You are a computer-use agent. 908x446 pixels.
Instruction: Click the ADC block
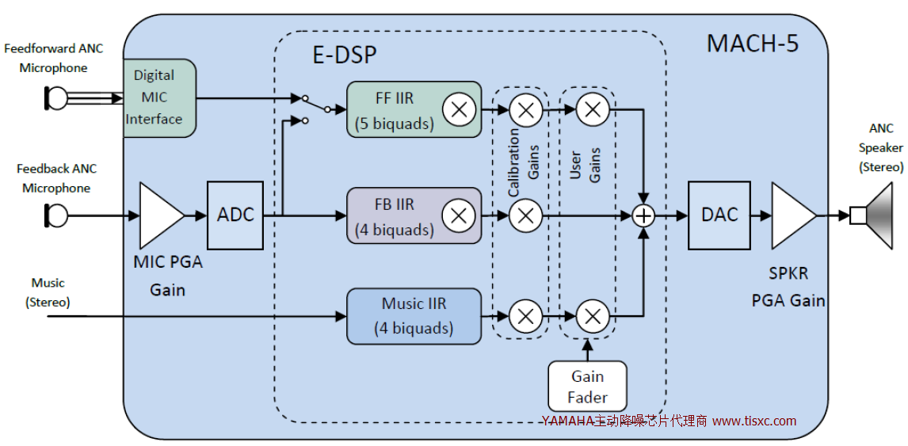click(235, 215)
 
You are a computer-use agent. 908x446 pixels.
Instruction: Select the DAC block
click(719, 215)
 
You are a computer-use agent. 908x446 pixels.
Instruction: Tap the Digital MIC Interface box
click(159, 97)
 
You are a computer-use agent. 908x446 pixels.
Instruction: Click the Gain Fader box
click(587, 387)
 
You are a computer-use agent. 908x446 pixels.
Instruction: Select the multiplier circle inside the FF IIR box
click(458, 109)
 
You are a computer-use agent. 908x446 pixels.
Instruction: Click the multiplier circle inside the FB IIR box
click(458, 215)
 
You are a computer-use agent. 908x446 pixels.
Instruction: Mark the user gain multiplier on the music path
click(591, 317)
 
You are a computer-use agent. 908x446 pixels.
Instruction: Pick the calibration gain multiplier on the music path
click(525, 317)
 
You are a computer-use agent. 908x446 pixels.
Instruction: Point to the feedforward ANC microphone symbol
click(56, 98)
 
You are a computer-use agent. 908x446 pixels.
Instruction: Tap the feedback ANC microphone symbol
click(56, 215)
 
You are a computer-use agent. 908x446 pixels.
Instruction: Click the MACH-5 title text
click(752, 43)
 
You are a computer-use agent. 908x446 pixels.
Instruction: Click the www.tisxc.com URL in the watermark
click(754, 421)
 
